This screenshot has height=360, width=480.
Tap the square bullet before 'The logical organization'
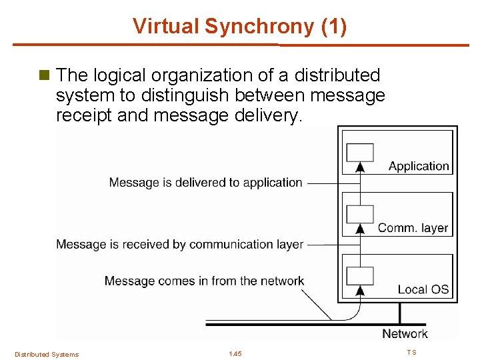tap(45, 75)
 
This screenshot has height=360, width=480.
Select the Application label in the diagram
tap(419, 166)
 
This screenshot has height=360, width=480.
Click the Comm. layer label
tap(413, 228)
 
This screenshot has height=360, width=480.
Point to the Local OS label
tap(423, 289)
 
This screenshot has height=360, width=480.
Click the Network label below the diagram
tap(405, 333)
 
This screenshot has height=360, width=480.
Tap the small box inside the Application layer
tap(360, 152)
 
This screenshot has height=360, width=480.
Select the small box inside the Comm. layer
tap(360, 213)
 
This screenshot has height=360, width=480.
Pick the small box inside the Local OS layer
tap(360, 275)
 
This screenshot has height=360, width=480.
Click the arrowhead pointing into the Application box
tap(360, 167)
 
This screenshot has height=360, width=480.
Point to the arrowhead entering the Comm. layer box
tap(360, 228)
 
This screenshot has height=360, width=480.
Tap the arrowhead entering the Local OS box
tap(360, 289)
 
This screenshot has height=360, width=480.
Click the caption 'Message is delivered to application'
tap(205, 182)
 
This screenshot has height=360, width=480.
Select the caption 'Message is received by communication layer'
tap(179, 245)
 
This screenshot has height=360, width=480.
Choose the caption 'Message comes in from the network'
tap(204, 281)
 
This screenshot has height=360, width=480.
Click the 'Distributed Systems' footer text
tap(47, 354)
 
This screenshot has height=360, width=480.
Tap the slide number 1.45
tap(235, 353)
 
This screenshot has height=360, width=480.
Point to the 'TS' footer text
tap(411, 352)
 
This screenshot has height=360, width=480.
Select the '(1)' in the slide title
tap(333, 27)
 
